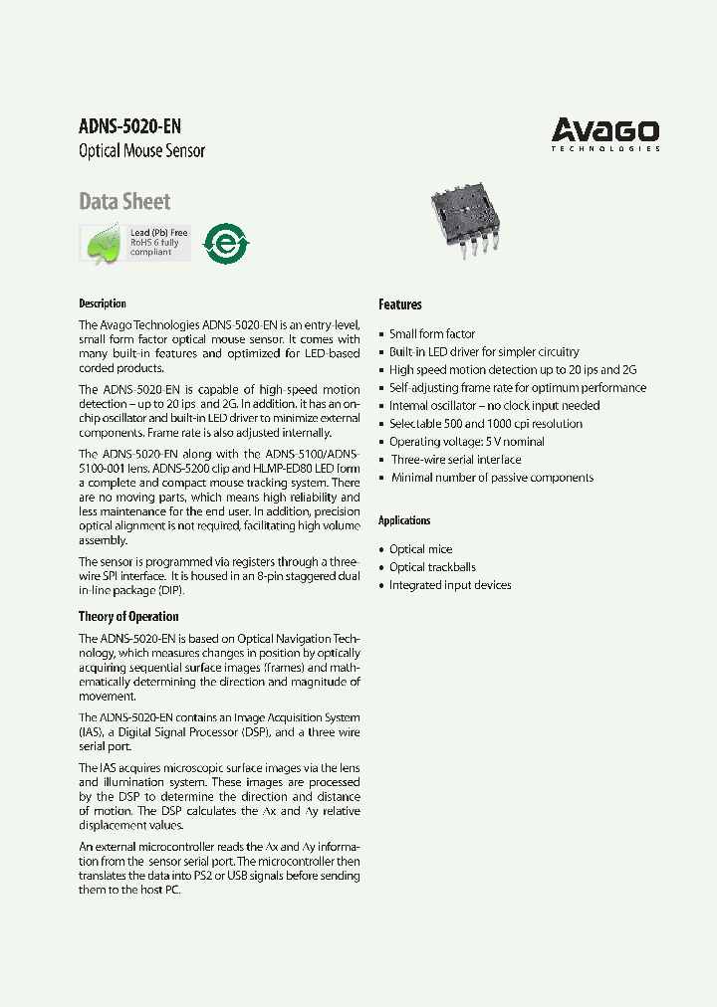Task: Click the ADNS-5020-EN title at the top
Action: (129, 126)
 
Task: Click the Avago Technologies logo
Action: (605, 134)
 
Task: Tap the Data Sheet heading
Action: (124, 202)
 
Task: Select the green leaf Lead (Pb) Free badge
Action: (134, 243)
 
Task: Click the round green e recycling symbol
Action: (226, 243)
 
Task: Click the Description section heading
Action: (103, 303)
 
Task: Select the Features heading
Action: (400, 304)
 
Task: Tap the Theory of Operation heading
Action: (128, 617)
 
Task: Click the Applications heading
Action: (404, 520)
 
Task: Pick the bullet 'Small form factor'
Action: (432, 334)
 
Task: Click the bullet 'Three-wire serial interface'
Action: (456, 460)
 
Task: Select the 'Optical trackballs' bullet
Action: (432, 567)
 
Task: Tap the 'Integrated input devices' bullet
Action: (450, 585)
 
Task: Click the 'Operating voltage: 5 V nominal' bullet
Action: (467, 442)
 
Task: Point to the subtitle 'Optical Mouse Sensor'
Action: (141, 151)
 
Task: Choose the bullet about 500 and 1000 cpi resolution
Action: (486, 424)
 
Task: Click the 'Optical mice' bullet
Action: (420, 549)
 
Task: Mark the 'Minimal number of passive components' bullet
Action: (491, 478)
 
